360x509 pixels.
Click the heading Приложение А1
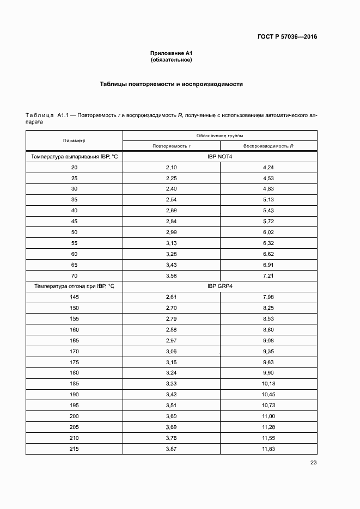(172, 53)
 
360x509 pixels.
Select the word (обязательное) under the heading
(172, 59)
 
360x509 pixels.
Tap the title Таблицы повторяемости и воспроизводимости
(172, 84)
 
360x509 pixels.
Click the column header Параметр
(74, 140)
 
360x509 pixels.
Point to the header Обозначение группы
(219, 135)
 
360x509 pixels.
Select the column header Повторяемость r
(172, 146)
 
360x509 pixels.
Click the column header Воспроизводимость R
(268, 146)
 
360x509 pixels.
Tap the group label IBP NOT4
(219, 157)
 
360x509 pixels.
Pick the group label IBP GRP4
(219, 286)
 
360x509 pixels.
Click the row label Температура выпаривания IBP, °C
(74, 157)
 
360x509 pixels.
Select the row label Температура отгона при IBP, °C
(74, 286)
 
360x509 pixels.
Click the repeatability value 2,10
(172, 167)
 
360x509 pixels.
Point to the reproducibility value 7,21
(268, 275)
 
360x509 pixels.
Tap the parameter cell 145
(74, 297)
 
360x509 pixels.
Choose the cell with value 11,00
(268, 415)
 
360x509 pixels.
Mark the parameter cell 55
(74, 243)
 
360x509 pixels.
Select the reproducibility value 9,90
(268, 372)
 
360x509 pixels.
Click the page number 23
(313, 463)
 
